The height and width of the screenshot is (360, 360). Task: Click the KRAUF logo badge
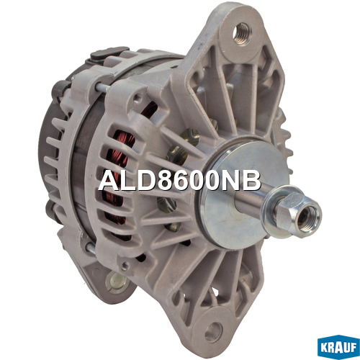pyautogui.click(x=338, y=348)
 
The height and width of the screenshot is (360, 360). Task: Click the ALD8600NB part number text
pyautogui.click(x=179, y=181)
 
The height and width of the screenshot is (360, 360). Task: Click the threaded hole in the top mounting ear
pyautogui.click(x=242, y=33)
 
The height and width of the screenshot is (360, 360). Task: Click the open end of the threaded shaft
pyautogui.click(x=308, y=217)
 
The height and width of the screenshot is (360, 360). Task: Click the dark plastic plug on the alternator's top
pyautogui.click(x=110, y=53)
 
